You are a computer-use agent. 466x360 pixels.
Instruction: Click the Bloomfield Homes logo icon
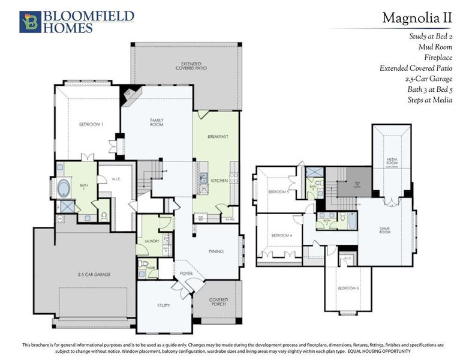click(x=30, y=21)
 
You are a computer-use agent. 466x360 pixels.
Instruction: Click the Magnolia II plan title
click(x=417, y=18)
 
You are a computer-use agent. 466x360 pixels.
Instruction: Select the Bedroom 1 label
click(x=91, y=124)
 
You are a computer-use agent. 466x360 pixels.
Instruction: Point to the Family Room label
click(x=157, y=122)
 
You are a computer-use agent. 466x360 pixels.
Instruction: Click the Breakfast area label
click(x=218, y=136)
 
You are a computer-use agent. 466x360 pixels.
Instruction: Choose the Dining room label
click(x=215, y=251)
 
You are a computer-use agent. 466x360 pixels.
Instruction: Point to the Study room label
click(x=164, y=305)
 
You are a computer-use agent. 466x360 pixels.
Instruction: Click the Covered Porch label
click(x=218, y=302)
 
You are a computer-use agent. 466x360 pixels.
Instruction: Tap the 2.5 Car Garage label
click(x=94, y=274)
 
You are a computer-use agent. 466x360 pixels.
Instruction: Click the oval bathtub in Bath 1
click(x=64, y=188)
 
